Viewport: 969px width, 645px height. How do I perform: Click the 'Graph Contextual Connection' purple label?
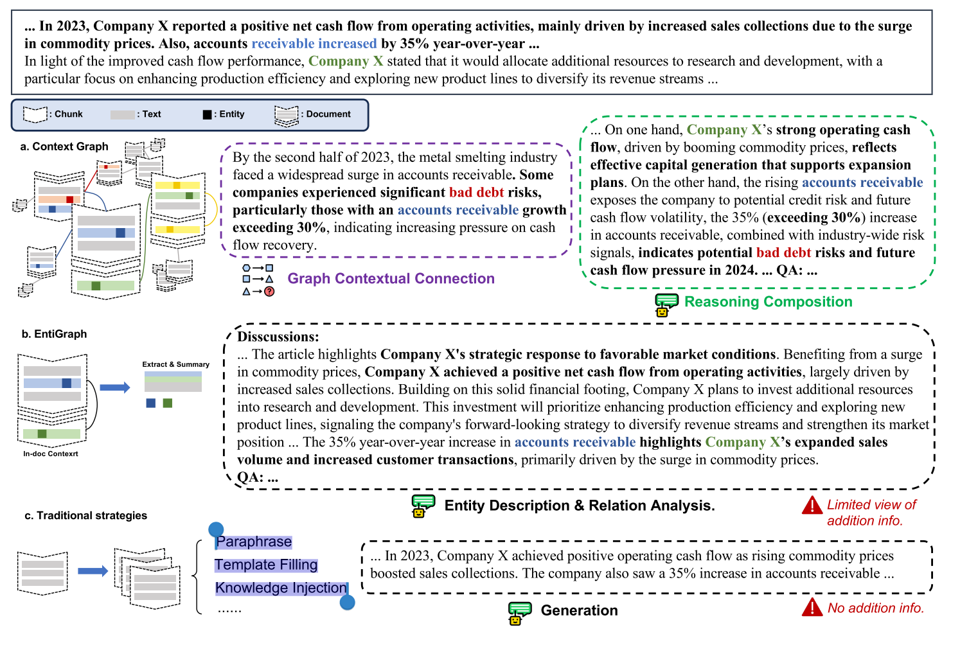point(391,279)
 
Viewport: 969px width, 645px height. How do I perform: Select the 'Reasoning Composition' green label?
point(768,302)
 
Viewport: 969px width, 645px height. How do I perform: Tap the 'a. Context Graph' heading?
point(64,146)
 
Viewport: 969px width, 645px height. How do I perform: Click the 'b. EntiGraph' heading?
point(54,334)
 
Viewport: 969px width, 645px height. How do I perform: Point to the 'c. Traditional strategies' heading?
point(85,515)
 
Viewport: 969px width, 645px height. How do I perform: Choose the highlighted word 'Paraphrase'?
point(254,542)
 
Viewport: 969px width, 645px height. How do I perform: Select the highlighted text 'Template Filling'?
point(266,565)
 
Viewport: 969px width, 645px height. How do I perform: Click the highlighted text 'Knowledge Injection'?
point(281,588)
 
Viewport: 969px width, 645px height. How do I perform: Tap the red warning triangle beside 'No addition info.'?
point(812,607)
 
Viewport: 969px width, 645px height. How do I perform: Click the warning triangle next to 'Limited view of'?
point(812,506)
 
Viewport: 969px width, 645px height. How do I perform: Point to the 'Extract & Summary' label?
point(175,364)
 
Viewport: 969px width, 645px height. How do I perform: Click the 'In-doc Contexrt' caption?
point(51,454)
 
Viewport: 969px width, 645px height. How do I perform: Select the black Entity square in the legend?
point(207,114)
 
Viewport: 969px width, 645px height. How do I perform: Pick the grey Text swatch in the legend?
point(122,114)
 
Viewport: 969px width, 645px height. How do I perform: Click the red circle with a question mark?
point(269,292)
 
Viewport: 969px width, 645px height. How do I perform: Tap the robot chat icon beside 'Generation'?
point(519,612)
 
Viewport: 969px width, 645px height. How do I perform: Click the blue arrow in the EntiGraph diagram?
point(115,387)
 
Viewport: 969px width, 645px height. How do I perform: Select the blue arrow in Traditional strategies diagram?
point(93,571)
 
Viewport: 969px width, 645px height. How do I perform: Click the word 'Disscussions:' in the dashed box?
point(278,337)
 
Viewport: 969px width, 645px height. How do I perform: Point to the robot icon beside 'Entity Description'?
point(423,506)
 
